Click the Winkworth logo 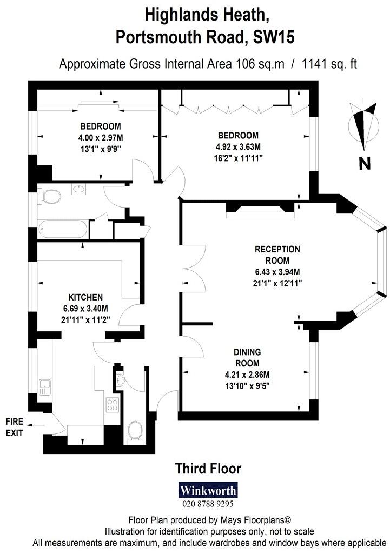[208, 491]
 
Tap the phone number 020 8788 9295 [208, 504]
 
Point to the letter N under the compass [365, 163]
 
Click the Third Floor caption [208, 468]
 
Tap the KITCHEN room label [85, 297]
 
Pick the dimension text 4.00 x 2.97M [101, 138]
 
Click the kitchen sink [45, 386]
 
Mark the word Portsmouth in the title [162, 37]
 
